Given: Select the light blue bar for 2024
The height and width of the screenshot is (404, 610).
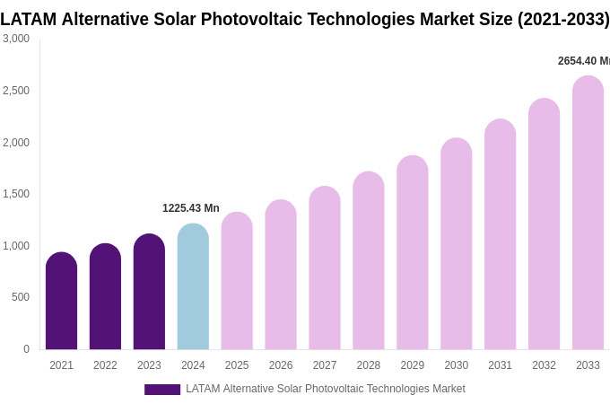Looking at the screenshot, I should point(193,287).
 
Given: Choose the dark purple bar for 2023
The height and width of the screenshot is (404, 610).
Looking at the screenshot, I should point(149,292).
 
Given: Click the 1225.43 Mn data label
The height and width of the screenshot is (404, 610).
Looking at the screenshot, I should point(190,208).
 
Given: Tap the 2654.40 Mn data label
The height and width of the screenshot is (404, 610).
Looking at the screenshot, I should point(583,61).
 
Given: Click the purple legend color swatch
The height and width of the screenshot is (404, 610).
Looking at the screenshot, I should point(162,390).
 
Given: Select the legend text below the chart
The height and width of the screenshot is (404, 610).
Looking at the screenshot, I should point(325,389).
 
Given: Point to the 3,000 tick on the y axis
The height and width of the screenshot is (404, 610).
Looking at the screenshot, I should point(16,39).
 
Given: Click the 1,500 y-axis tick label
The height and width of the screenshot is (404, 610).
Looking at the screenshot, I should point(16,194).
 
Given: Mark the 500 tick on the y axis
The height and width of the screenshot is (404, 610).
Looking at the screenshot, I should point(21,297).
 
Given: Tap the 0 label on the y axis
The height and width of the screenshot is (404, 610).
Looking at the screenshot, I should point(26,349).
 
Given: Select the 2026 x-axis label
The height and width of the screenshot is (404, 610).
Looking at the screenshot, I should point(281,365).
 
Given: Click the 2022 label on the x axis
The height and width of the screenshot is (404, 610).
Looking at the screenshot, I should point(105,365).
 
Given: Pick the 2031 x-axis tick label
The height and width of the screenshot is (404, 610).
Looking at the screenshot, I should point(500,365).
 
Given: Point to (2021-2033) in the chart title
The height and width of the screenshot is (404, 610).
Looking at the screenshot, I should point(562,19).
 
